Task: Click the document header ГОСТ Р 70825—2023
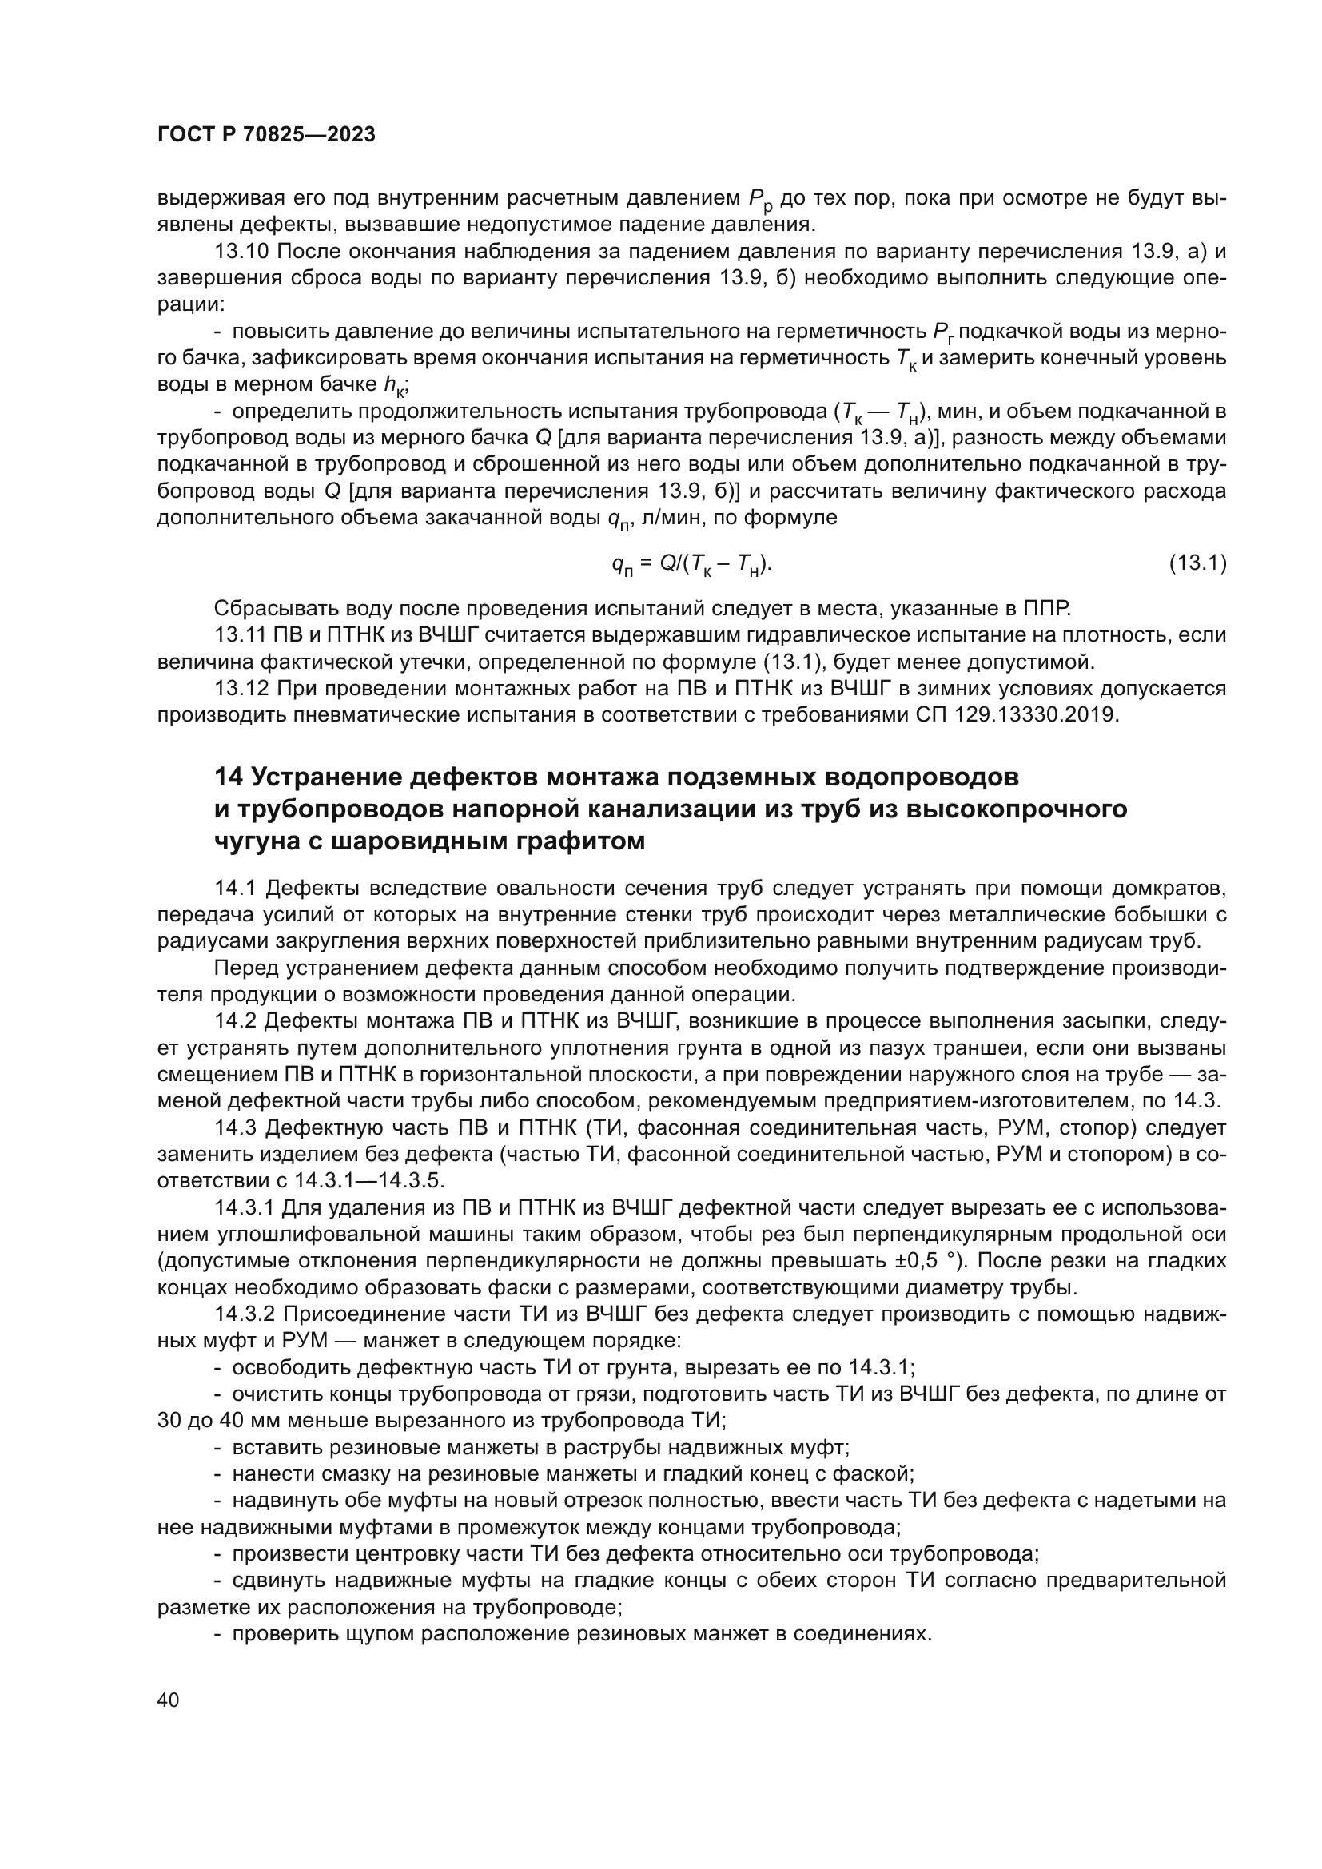click(266, 135)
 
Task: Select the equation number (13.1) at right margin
click(1197, 563)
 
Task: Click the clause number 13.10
click(241, 252)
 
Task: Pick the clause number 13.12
click(241, 688)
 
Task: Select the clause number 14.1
click(237, 887)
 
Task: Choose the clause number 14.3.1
click(249, 1208)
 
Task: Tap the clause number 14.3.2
click(249, 1314)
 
